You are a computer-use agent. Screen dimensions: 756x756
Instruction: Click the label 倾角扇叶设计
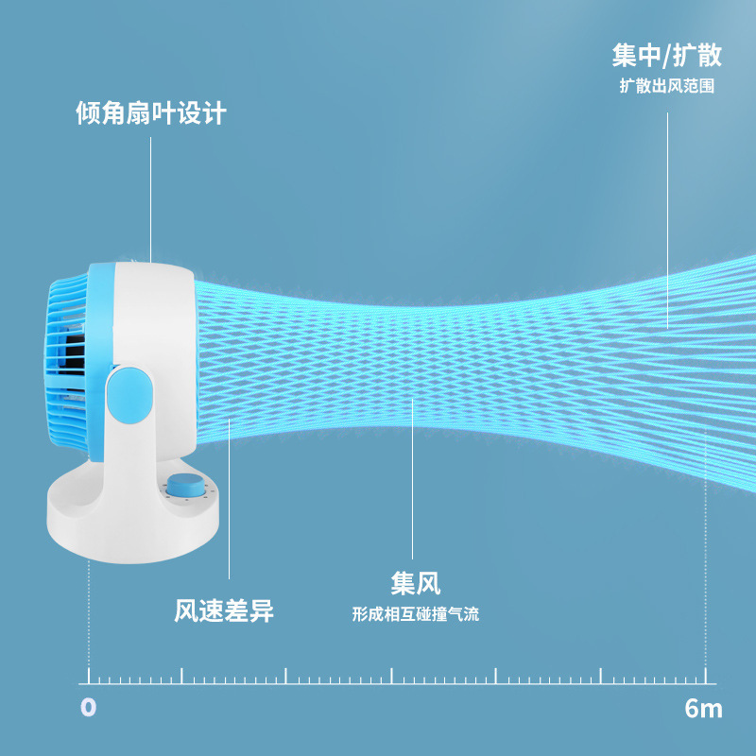coord(150,114)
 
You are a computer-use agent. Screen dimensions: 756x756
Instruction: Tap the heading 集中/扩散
coord(666,56)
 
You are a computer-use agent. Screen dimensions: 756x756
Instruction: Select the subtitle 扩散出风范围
coord(666,86)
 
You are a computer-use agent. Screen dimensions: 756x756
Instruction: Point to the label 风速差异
coord(224,610)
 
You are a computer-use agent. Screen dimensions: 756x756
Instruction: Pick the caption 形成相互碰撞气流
coord(416,614)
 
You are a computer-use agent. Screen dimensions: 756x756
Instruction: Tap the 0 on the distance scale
coord(89,708)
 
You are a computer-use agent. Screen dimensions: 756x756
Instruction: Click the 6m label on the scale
coord(703,708)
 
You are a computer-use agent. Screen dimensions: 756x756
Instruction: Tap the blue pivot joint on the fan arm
coord(129,397)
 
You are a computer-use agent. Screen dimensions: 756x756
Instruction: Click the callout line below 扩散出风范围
coord(668,217)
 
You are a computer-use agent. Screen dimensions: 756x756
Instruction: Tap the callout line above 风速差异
coord(229,501)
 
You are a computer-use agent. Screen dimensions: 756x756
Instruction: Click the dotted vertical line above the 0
coord(90,614)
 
